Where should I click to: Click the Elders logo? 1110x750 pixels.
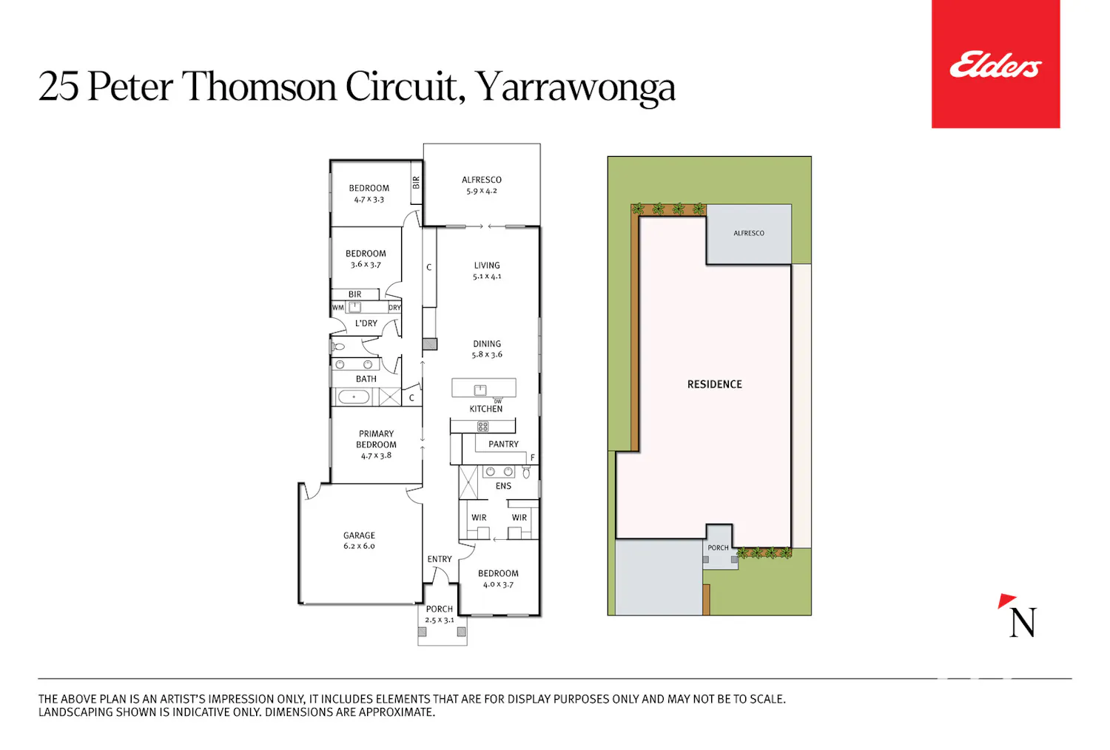tap(995, 64)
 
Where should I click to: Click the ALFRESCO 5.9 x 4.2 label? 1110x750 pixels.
tap(481, 185)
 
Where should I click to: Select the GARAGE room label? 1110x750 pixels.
tap(359, 536)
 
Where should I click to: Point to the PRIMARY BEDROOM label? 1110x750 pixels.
tap(376, 439)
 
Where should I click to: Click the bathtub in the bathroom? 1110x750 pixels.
tap(353, 396)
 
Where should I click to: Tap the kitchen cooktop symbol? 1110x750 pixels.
tap(482, 426)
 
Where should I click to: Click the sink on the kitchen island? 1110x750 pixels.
tap(480, 390)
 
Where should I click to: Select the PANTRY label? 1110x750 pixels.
tap(503, 444)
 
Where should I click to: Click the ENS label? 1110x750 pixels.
tap(503, 486)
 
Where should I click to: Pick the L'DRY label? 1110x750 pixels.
tap(366, 323)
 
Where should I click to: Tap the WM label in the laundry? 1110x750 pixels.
tap(338, 308)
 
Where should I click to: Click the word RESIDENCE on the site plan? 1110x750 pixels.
tap(715, 385)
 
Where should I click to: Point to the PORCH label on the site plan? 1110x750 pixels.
tap(718, 547)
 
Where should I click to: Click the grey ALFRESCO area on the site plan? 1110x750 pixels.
tap(749, 234)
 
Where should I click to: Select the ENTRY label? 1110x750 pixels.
tap(440, 558)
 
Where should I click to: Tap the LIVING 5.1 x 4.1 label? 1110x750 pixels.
tap(487, 271)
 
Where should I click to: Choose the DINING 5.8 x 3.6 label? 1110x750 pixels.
tap(487, 349)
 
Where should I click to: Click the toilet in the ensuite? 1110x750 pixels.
tap(526, 472)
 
